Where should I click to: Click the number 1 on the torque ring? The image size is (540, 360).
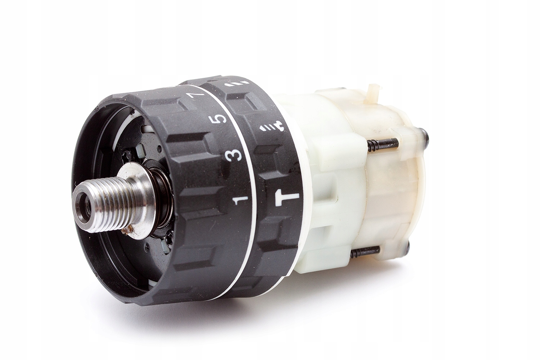(241, 197)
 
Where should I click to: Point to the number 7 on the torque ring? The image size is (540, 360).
(195, 95)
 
